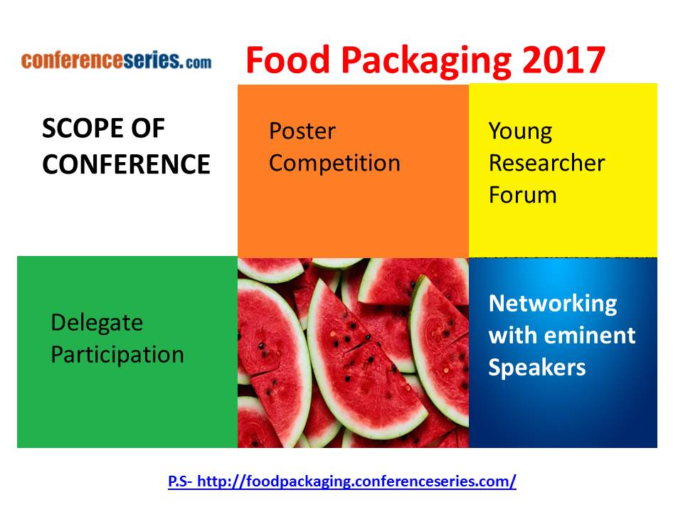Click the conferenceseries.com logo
point(116,60)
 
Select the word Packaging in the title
point(426,62)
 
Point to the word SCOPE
point(83,129)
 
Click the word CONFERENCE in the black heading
point(127,164)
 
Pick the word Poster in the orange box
point(302,131)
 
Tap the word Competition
point(334,164)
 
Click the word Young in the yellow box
point(521,132)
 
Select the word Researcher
point(546,163)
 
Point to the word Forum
point(523,195)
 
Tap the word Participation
point(117,356)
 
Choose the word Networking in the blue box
point(553,304)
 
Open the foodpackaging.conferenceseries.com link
point(356,481)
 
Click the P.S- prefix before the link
point(180,481)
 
